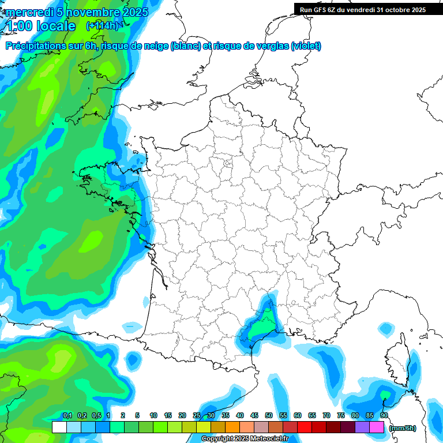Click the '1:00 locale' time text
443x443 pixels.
click(41, 26)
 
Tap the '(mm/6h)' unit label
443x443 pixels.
click(403, 428)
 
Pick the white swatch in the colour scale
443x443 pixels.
click(59, 427)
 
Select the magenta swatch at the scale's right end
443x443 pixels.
click(377, 427)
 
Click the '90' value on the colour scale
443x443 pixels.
click(384, 415)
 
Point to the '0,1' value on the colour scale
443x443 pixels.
click(67, 415)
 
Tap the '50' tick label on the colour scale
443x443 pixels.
click(269, 415)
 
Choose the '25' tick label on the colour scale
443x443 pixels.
click(197, 415)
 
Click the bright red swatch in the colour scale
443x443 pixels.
click(305, 427)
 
